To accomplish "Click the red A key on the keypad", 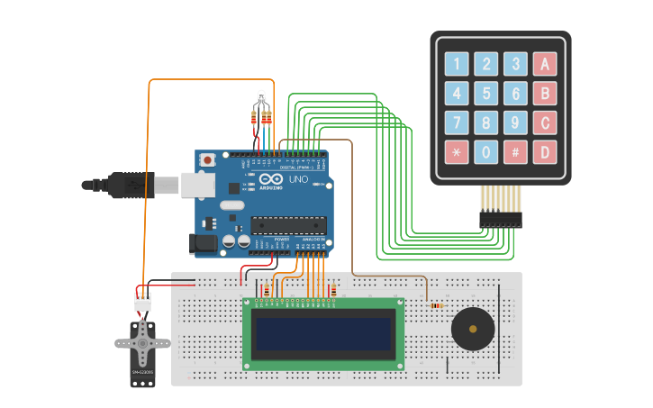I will [544, 64].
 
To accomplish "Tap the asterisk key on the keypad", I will [457, 152].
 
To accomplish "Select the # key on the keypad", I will [515, 152].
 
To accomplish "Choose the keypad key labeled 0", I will [486, 152].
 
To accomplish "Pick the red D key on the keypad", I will [544, 152].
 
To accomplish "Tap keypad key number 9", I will [515, 122].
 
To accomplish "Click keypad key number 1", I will [457, 64].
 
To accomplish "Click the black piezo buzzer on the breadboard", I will [472, 328].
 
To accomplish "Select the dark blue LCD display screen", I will [324, 334].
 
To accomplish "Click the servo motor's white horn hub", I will [142, 343].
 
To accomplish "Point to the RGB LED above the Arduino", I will [261, 97].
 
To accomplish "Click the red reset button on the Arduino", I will [208, 160].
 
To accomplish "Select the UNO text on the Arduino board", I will [298, 179].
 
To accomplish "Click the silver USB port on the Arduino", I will [197, 185].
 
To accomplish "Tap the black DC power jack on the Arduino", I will [203, 242].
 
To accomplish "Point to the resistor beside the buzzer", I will [437, 305].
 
